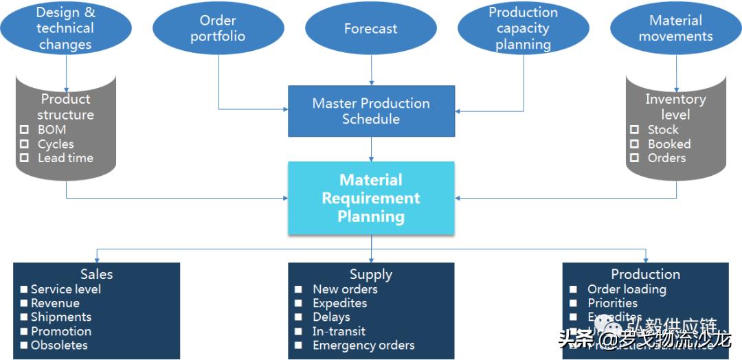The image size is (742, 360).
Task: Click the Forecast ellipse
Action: tap(371, 29)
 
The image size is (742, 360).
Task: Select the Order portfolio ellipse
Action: tap(218, 29)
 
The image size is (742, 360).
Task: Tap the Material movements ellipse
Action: tap(675, 29)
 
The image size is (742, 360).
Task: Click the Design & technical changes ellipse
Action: tap(65, 28)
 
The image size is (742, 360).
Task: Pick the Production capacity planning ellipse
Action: tap(524, 29)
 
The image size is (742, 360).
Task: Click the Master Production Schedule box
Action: tap(371, 111)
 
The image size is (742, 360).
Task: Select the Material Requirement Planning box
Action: tap(371, 198)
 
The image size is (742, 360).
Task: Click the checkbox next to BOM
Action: tap(24, 129)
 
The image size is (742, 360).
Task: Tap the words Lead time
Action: tap(65, 158)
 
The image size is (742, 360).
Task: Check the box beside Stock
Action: tap(634, 129)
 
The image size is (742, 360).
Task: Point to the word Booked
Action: tap(669, 144)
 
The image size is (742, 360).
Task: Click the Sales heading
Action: tap(96, 274)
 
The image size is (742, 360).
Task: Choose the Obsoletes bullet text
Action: tap(59, 346)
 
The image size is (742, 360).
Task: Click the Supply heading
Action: tap(371, 274)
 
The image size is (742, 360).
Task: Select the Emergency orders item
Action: tap(363, 346)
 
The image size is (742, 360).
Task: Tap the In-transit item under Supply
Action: tap(339, 331)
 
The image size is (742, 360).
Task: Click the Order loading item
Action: tap(627, 289)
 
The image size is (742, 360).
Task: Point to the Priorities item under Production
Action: tap(613, 303)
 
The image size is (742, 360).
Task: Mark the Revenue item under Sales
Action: tap(55, 303)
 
